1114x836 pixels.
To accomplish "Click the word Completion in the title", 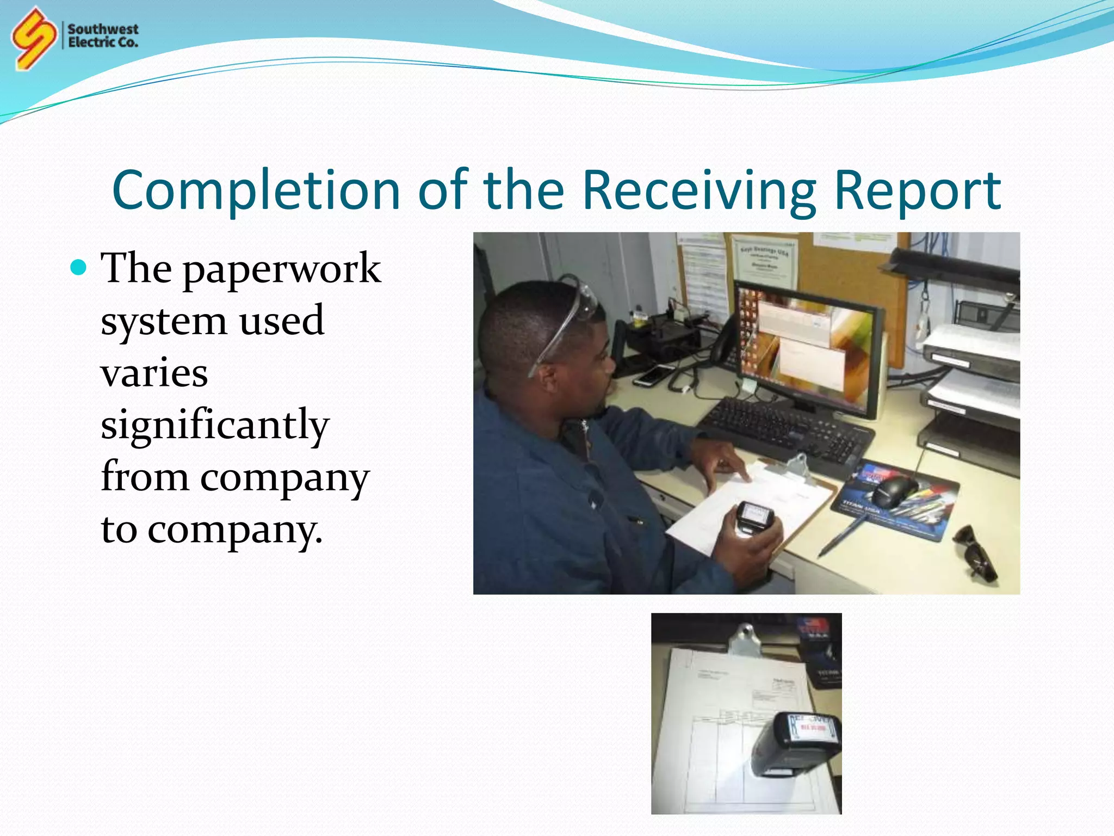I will [256, 190].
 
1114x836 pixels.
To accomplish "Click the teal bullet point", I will [79, 268].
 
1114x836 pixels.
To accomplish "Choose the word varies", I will [154, 373].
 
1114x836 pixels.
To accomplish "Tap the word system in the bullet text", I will [163, 321].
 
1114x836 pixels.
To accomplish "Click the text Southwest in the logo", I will [103, 29].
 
